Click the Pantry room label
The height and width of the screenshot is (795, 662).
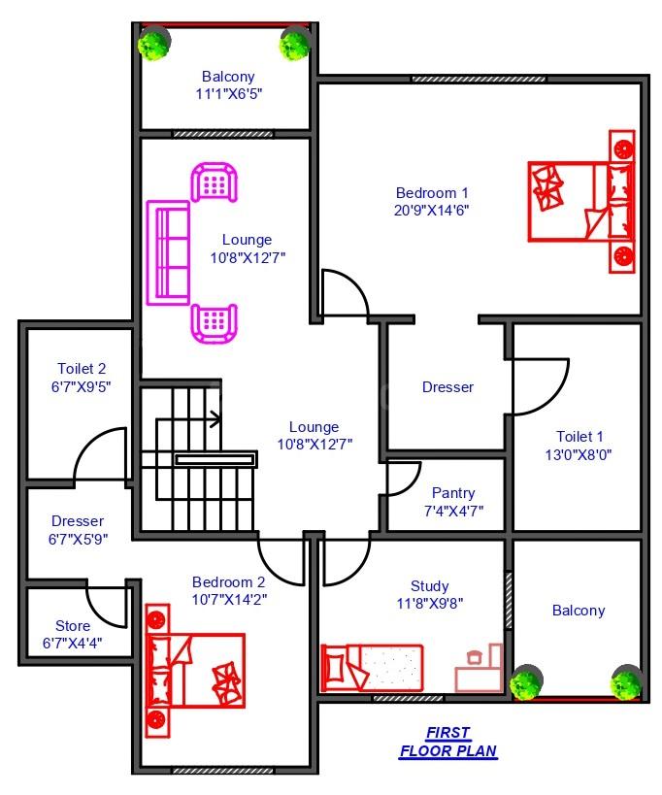[453, 493]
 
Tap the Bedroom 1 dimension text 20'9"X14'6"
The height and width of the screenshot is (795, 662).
[431, 211]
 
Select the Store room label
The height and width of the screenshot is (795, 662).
[73, 626]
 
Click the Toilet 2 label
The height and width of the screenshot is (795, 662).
[82, 369]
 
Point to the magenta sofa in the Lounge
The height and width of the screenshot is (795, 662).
[168, 253]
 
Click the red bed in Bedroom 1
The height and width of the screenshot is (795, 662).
[581, 201]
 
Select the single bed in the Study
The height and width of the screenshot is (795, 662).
[372, 668]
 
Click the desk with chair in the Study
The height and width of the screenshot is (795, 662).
[479, 668]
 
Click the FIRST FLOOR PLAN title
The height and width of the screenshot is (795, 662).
[448, 742]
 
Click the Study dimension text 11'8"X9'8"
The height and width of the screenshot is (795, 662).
[430, 604]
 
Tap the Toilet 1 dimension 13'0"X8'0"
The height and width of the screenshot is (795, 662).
[579, 455]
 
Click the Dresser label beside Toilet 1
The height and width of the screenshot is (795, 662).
[447, 387]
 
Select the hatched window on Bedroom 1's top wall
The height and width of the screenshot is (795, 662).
[479, 79]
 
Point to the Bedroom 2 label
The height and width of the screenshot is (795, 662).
[229, 582]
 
